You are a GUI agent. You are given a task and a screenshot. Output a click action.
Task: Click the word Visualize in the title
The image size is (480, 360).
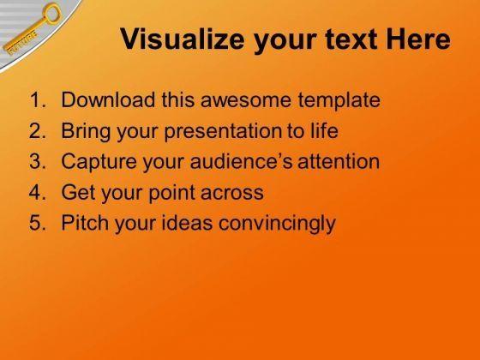click(182, 39)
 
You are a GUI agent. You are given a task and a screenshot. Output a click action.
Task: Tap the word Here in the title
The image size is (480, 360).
click(418, 39)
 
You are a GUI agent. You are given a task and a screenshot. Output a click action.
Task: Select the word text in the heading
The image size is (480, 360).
click(351, 39)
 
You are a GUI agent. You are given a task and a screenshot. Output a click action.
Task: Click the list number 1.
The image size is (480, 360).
click(38, 99)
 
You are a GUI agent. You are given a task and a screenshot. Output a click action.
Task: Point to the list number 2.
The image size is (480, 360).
click(38, 130)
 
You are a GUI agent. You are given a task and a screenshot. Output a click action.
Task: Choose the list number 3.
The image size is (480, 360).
click(38, 161)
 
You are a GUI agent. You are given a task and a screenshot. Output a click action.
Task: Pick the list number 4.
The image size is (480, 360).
click(38, 192)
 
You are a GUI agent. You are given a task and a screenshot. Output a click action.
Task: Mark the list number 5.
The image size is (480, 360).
click(38, 223)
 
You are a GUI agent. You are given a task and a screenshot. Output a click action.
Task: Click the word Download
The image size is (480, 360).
click(108, 99)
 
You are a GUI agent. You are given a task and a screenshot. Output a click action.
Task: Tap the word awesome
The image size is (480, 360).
click(246, 100)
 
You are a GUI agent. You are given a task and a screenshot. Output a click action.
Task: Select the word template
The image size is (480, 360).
click(339, 101)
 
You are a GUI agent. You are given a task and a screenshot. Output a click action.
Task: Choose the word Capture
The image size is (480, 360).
click(99, 162)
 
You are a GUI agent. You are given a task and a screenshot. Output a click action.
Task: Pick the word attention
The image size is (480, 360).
click(339, 161)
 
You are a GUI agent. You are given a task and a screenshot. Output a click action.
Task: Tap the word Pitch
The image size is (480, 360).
click(85, 223)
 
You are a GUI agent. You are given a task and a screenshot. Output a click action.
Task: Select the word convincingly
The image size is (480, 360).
click(277, 224)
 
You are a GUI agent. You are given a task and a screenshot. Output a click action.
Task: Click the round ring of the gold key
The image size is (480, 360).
click(52, 13)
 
